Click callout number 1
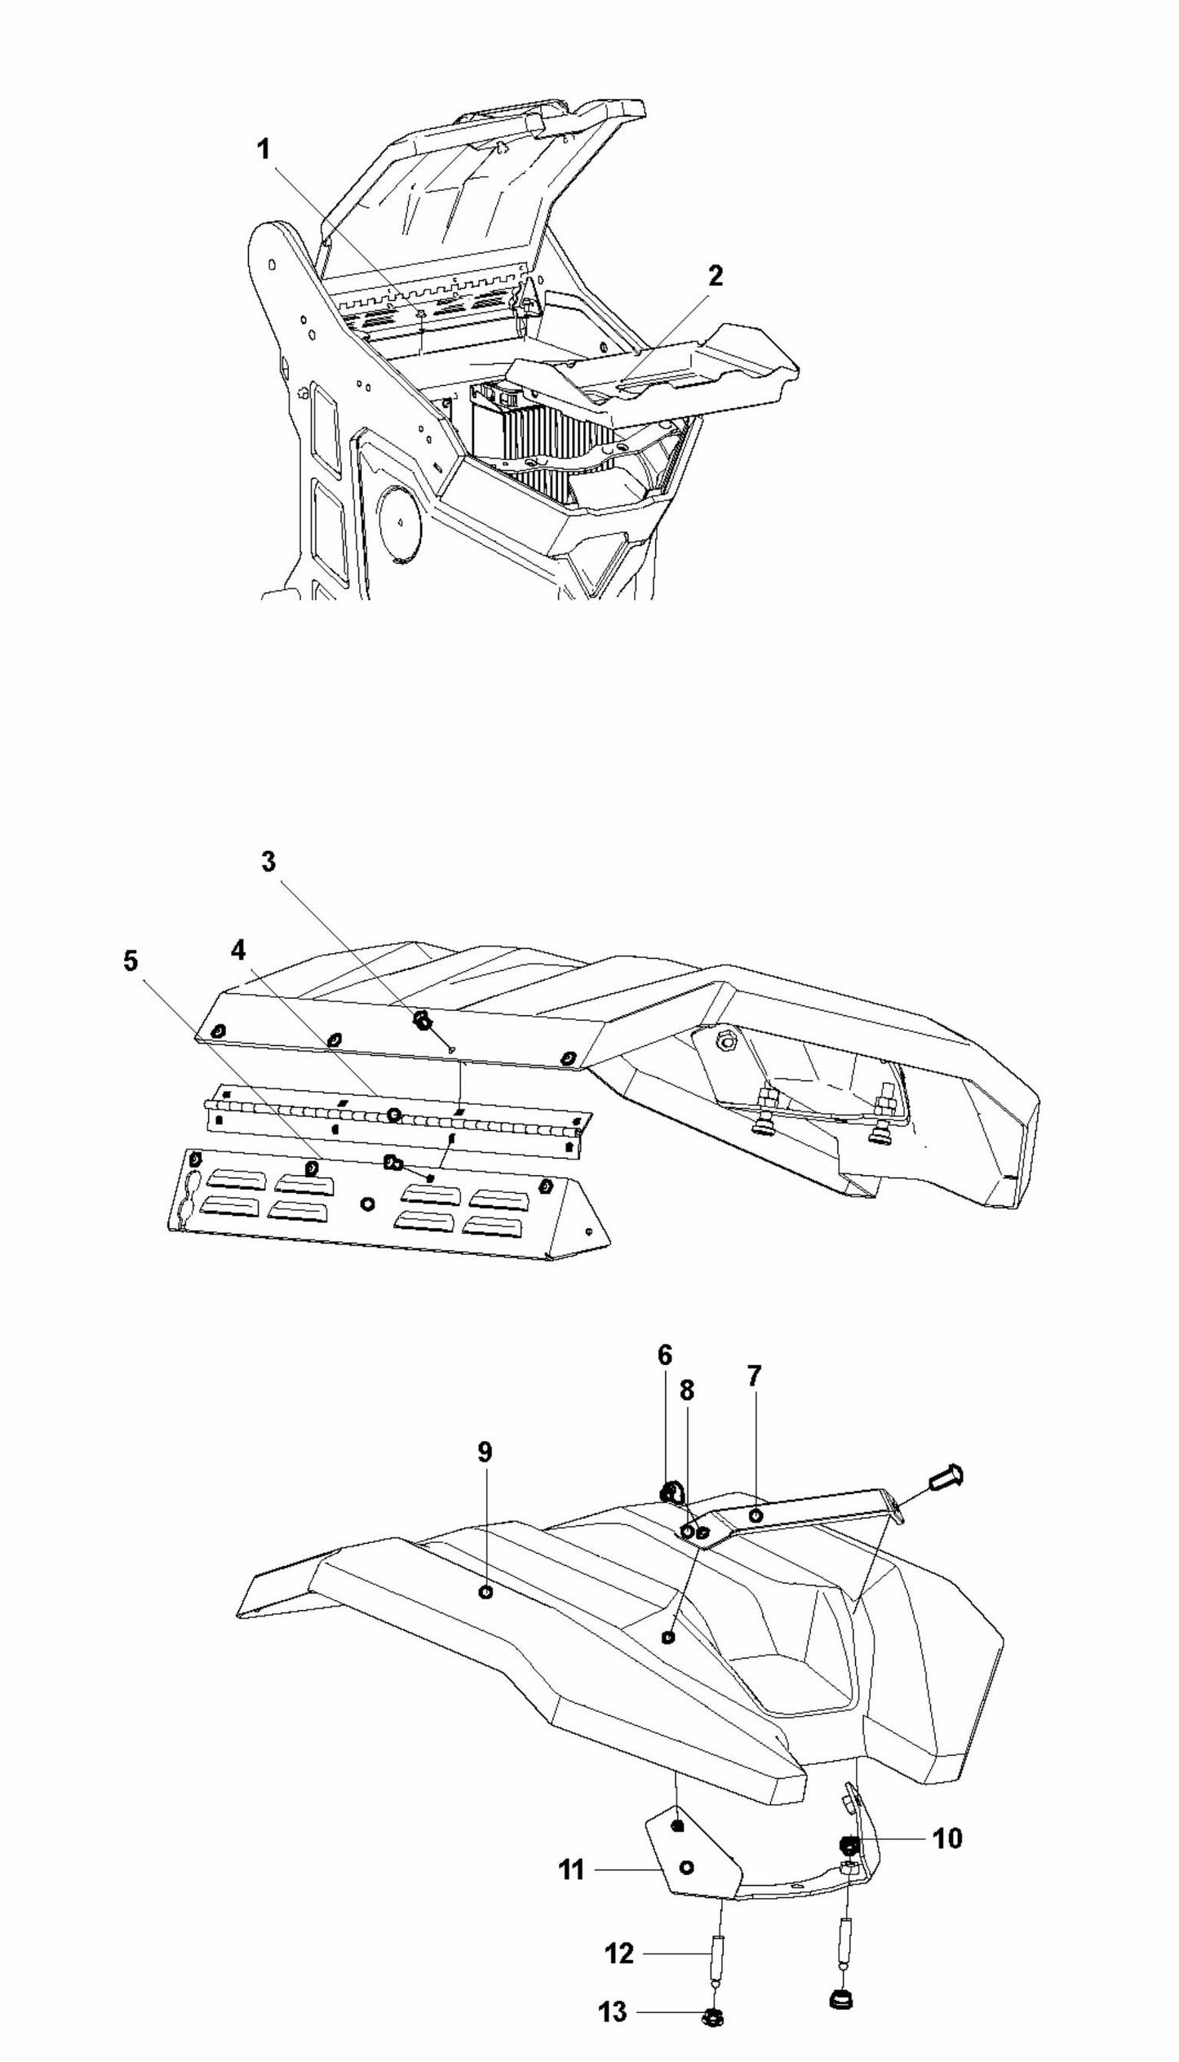(264, 150)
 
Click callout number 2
(715, 276)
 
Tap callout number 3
(268, 862)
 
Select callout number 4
(237, 950)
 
